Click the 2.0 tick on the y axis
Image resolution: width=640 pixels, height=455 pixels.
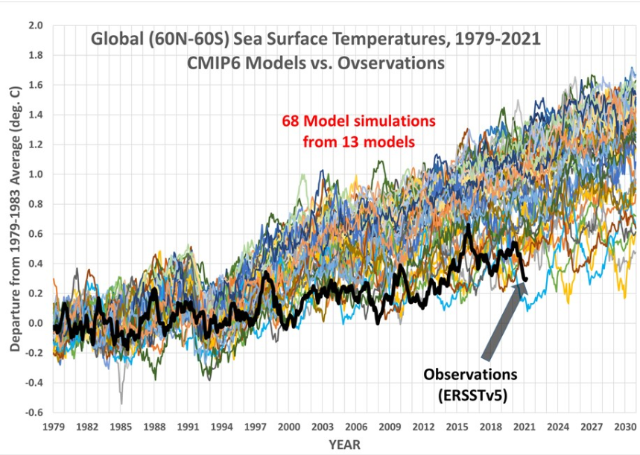pyautogui.click(x=36, y=26)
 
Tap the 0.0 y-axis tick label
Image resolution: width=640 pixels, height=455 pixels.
pyautogui.click(x=36, y=323)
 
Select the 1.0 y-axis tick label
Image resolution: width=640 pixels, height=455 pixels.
pyautogui.click(x=36, y=174)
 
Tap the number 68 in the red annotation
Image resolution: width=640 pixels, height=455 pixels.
pyautogui.click(x=291, y=120)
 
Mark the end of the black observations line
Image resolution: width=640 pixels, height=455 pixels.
pyautogui.click(x=526, y=280)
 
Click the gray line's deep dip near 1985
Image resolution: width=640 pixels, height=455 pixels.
pyautogui.click(x=121, y=403)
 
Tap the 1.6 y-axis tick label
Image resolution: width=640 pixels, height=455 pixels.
pyautogui.click(x=36, y=86)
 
